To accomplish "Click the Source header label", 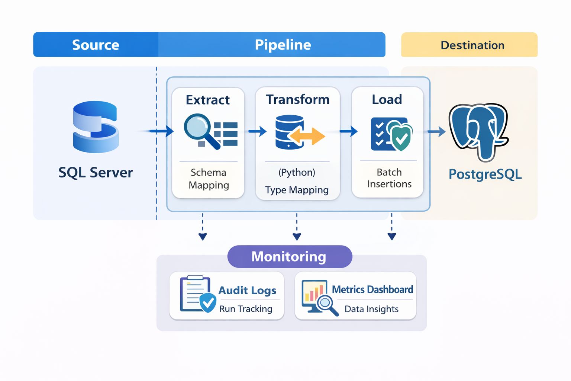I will pyautogui.click(x=96, y=45).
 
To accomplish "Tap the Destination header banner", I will pyautogui.click(x=469, y=45).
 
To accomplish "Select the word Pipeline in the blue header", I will pyautogui.click(x=283, y=45).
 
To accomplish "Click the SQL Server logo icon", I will pyautogui.click(x=96, y=127).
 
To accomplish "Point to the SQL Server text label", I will pyautogui.click(x=96, y=173).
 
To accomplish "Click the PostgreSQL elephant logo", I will pyautogui.click(x=478, y=131).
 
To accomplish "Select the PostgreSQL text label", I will pyautogui.click(x=485, y=174).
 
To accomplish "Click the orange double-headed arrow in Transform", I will pyautogui.click(x=306, y=136).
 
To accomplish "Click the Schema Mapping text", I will pyautogui.click(x=209, y=179).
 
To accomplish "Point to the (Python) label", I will pyautogui.click(x=297, y=172).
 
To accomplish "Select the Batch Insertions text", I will pyautogui.click(x=389, y=178).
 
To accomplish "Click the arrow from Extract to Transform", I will pyautogui.click(x=257, y=131).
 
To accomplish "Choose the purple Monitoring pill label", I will pyautogui.click(x=289, y=256).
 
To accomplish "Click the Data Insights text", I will pyautogui.click(x=371, y=309).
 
